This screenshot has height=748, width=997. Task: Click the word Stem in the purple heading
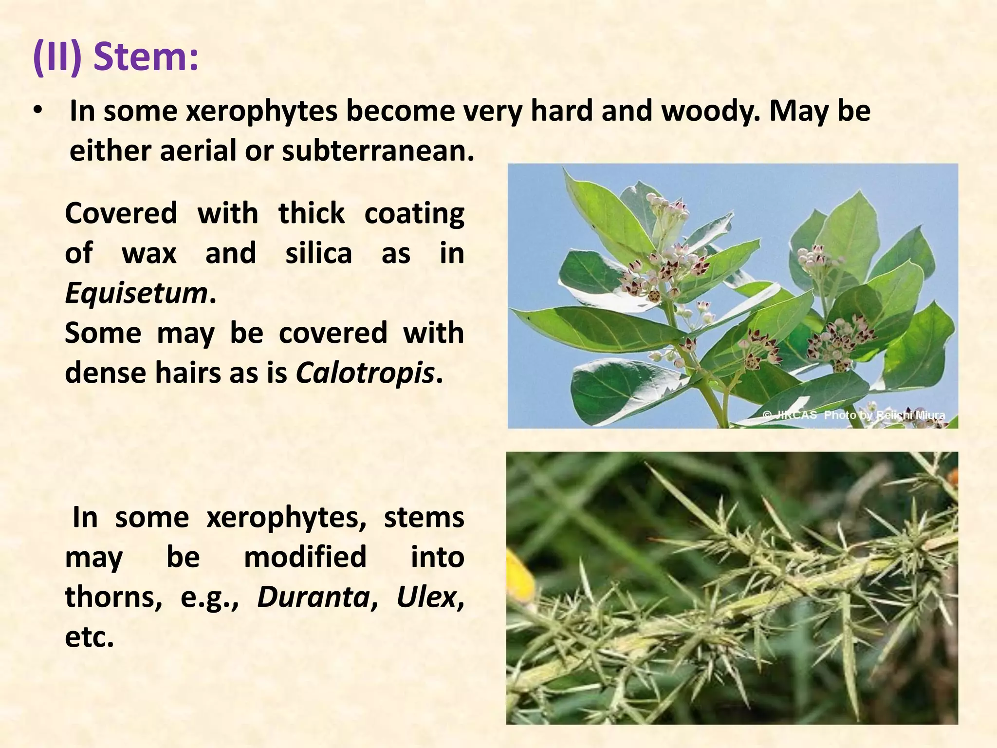pyautogui.click(x=146, y=57)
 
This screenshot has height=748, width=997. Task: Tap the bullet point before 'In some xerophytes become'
pyautogui.click(x=38, y=112)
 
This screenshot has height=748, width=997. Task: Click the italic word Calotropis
pyautogui.click(x=365, y=374)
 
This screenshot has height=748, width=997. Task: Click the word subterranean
pyautogui.click(x=378, y=151)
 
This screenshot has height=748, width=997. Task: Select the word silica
pyautogui.click(x=318, y=254)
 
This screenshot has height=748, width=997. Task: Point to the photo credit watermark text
pyautogui.click(x=854, y=415)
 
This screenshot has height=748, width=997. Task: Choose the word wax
pyautogui.click(x=149, y=254)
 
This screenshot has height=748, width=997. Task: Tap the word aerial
pyautogui.click(x=198, y=151)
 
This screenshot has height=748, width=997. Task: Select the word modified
pyautogui.click(x=305, y=557)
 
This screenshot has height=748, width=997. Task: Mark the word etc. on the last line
pyautogui.click(x=89, y=637)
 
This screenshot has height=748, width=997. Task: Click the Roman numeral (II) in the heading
pyautogui.click(x=57, y=57)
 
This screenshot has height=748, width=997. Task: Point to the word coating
pyautogui.click(x=414, y=214)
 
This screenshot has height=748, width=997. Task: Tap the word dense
pyautogui.click(x=106, y=374)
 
